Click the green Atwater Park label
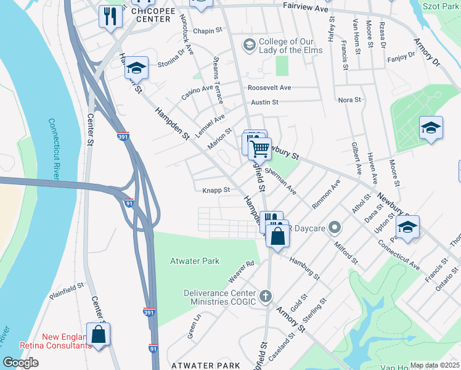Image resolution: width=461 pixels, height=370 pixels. coord(195,261)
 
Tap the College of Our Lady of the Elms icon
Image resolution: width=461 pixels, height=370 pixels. coord(249,44)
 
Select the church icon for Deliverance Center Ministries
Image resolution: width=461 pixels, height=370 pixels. coord(266,297)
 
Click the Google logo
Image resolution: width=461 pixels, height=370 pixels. coord(20,362)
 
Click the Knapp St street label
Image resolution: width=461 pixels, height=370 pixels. coord(216,191)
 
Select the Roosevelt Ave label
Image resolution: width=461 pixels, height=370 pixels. coord(269,88)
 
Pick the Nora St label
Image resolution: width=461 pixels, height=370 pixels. coord(349,99)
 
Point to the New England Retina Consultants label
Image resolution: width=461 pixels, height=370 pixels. coord(67,341)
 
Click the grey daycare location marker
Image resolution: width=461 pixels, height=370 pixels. coord(335,228)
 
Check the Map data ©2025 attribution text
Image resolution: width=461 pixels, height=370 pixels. coord(434,365)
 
